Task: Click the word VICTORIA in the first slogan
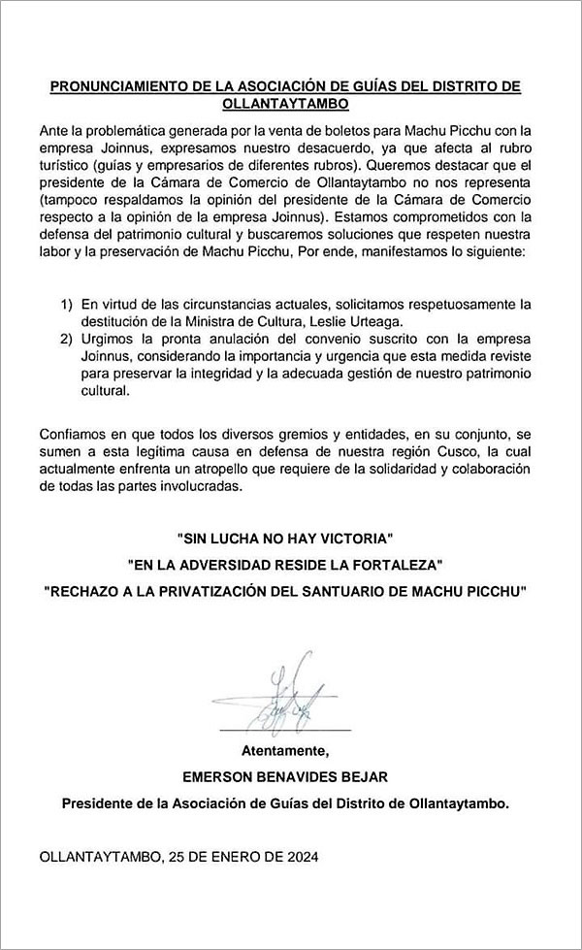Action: [x=361, y=537]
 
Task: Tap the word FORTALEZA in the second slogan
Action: [x=390, y=564]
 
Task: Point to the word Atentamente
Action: [x=285, y=750]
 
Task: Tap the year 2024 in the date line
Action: [x=297, y=858]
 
